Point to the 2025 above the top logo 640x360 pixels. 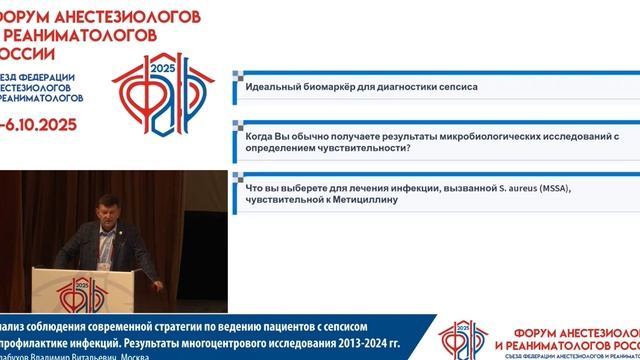coord(162,66)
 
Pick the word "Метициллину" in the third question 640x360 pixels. coord(364,199)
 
